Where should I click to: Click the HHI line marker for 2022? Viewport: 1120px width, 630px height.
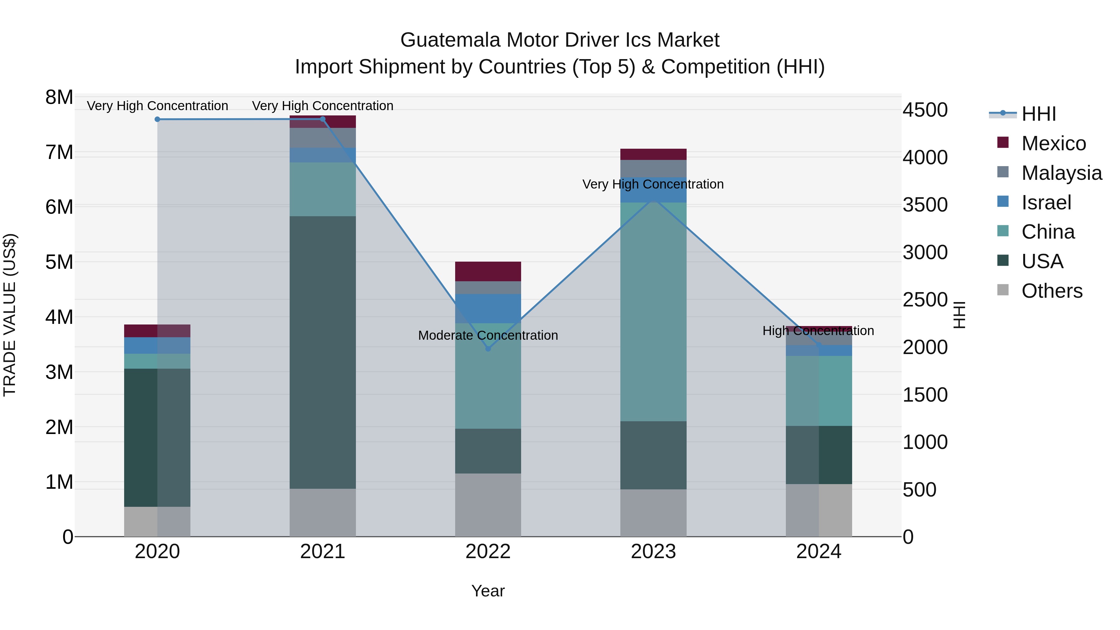(488, 349)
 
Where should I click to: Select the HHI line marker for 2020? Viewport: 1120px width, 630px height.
(157, 119)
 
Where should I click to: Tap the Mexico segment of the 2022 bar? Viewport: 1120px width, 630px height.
(488, 271)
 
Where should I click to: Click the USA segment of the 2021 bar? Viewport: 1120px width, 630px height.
(323, 352)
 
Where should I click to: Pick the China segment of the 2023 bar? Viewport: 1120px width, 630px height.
(653, 311)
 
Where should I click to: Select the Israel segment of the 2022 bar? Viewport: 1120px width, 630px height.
(488, 308)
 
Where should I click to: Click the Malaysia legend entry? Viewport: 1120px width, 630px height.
(1061, 173)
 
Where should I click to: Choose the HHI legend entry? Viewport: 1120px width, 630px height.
(1038, 114)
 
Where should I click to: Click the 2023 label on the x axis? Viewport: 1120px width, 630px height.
(653, 552)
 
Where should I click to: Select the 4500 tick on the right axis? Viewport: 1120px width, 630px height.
(925, 110)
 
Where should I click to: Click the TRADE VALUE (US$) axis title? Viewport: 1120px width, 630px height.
(10, 315)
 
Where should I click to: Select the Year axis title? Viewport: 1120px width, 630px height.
(488, 591)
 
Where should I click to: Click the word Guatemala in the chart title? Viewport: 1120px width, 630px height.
(450, 40)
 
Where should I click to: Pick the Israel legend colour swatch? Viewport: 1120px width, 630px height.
(1003, 202)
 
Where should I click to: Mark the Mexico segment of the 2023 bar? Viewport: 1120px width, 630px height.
(653, 154)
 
